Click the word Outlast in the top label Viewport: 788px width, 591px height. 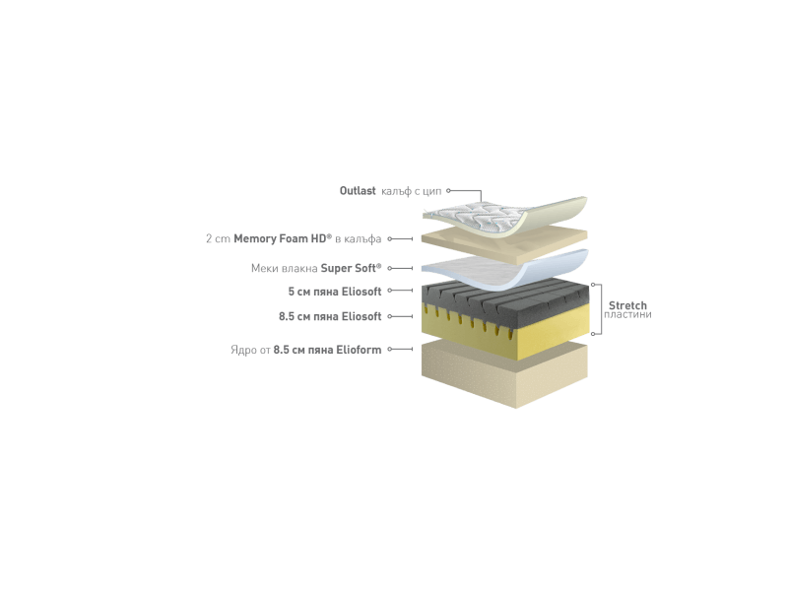[354, 190]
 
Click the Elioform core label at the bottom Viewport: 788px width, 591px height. [304, 349]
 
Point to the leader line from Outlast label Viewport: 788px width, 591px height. [468, 191]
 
